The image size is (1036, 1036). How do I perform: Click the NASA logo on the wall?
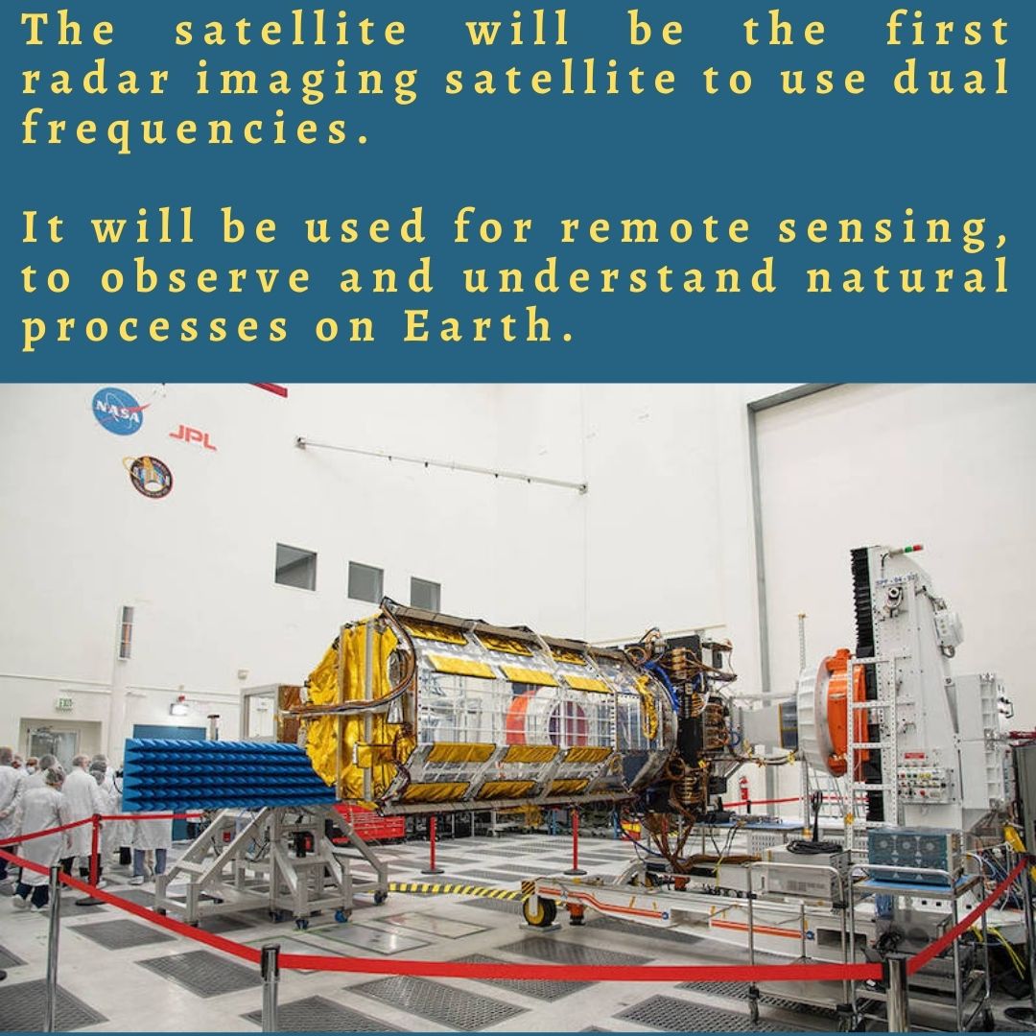[x=118, y=411]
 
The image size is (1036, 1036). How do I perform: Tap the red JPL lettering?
[x=193, y=436]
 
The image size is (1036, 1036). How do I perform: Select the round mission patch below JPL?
[x=148, y=477]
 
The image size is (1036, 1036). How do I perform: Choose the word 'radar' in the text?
[x=95, y=78]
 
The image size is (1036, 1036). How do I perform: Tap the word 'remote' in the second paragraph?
[x=655, y=226]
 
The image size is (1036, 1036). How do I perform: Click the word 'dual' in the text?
[x=951, y=78]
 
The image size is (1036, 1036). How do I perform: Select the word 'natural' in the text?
[x=907, y=275]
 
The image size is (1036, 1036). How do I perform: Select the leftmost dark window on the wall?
[x=295, y=567]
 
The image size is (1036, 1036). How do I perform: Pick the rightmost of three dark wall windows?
[x=425, y=594]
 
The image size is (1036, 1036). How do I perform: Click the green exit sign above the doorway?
[x=64, y=704]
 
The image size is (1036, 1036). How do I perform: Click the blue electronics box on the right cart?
[x=914, y=854]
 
